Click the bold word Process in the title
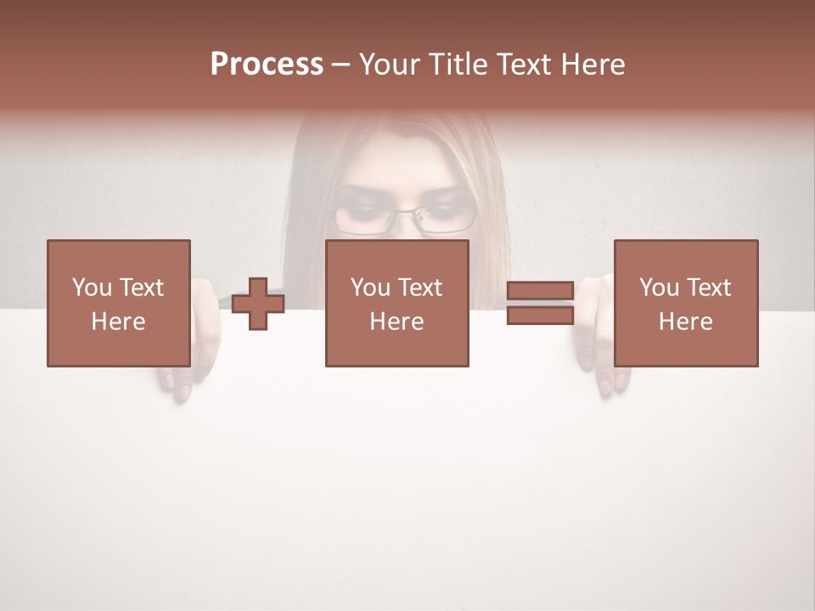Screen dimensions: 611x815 [267, 64]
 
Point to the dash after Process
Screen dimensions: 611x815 [341, 64]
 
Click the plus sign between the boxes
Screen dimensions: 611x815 [258, 304]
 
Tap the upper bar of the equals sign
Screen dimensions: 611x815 [540, 291]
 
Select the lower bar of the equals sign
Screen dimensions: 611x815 [540, 316]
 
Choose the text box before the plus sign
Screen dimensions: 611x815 [119, 304]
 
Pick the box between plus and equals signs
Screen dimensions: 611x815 [397, 304]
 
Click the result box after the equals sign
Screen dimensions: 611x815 [686, 304]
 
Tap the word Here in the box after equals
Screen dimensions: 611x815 [686, 322]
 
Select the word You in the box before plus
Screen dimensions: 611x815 [92, 288]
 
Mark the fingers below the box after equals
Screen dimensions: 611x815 [613, 382]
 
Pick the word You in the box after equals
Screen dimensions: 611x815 [660, 288]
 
